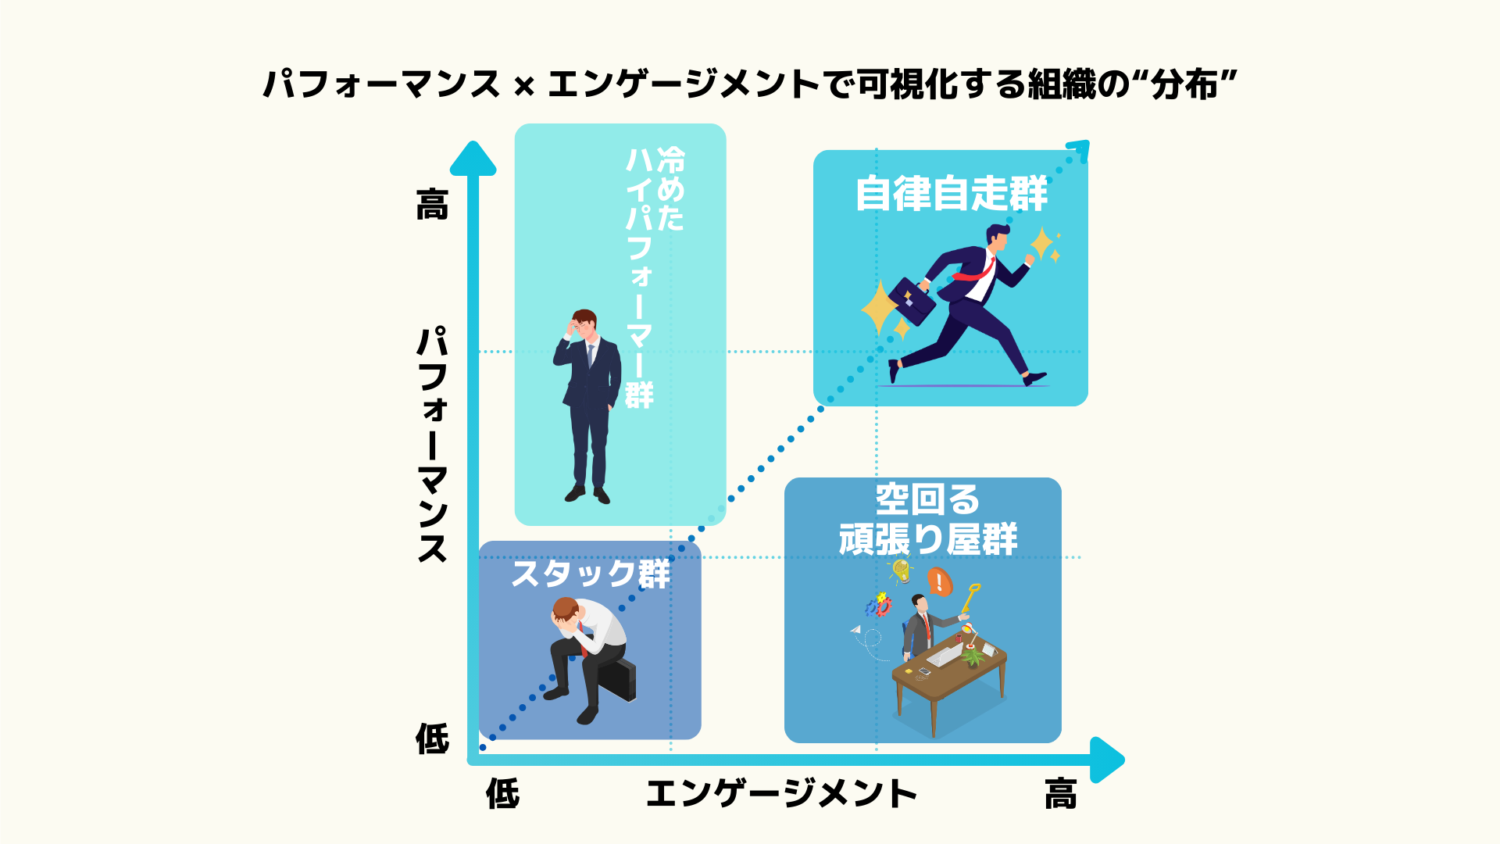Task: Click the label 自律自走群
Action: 951,194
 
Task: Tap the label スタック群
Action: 591,574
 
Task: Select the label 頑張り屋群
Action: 927,539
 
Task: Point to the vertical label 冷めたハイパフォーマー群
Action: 654,277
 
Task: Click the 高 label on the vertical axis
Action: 432,206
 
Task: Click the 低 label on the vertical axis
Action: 432,738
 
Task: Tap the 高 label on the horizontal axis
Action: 1060,795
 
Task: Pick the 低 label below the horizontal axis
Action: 502,795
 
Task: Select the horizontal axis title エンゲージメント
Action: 781,795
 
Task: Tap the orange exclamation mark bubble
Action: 939,581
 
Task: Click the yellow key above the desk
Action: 970,598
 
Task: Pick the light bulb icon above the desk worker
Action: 902,570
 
